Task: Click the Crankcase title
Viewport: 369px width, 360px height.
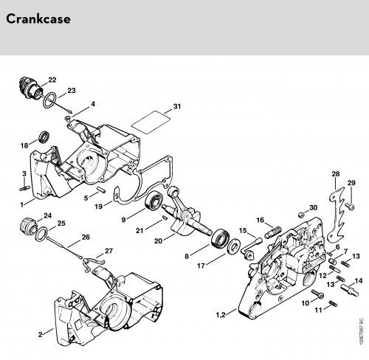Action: pyautogui.click(x=38, y=19)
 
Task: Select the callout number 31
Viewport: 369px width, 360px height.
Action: pyautogui.click(x=177, y=106)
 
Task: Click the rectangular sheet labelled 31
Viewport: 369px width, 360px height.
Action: pyautogui.click(x=151, y=122)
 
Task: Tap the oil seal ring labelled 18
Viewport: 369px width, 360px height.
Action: pyautogui.click(x=44, y=137)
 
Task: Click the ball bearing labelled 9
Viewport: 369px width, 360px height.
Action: pyautogui.click(x=154, y=200)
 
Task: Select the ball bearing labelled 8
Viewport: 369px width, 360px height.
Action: pyautogui.click(x=220, y=238)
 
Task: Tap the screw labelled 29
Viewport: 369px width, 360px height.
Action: pyautogui.click(x=350, y=206)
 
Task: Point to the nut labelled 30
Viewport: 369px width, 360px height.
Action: pyautogui.click(x=301, y=215)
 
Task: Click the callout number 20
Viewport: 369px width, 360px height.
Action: pyautogui.click(x=158, y=240)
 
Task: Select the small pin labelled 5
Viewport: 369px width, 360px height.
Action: pyautogui.click(x=101, y=190)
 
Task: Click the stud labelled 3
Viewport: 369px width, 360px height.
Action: pyautogui.click(x=24, y=188)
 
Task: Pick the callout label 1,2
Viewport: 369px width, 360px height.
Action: pyautogui.click(x=221, y=315)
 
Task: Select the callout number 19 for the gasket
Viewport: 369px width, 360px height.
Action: pyautogui.click(x=99, y=207)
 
